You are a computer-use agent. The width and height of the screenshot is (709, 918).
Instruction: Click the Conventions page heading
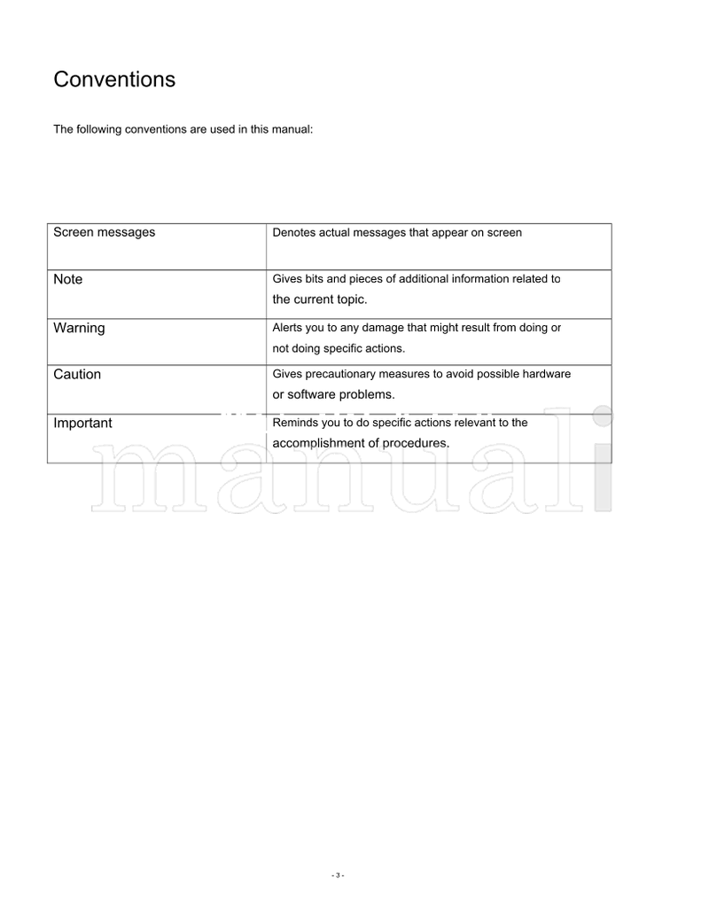pyautogui.click(x=114, y=80)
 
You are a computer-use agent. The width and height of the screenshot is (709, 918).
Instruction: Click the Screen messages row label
pyautogui.click(x=104, y=232)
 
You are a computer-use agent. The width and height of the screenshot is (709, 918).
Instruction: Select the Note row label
pyautogui.click(x=67, y=279)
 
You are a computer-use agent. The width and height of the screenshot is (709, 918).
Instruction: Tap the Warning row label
pyautogui.click(x=79, y=328)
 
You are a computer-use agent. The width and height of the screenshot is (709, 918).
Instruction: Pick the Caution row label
pyautogui.click(x=77, y=374)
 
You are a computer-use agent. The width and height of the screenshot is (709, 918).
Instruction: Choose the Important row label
pyautogui.click(x=82, y=423)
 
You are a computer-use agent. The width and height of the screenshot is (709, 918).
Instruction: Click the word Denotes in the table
pyautogui.click(x=292, y=233)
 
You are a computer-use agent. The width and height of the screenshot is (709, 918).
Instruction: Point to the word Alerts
pyautogui.click(x=286, y=328)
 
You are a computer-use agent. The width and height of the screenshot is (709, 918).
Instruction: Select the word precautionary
pyautogui.click(x=343, y=374)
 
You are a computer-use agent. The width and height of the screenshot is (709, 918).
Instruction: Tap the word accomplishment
pyautogui.click(x=317, y=443)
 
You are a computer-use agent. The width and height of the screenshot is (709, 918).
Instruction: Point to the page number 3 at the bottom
pyautogui.click(x=338, y=875)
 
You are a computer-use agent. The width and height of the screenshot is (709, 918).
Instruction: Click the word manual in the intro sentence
pyautogui.click(x=293, y=129)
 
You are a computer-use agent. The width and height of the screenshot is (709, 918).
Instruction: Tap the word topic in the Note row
pyautogui.click(x=351, y=300)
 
